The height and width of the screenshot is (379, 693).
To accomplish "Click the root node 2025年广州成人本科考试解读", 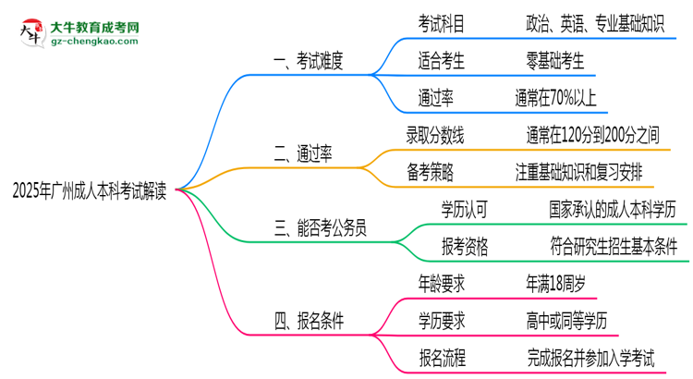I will click(90, 190).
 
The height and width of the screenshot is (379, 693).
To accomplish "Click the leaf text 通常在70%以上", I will click(556, 98).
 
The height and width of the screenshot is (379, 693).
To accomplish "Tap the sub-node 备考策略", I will click(430, 171).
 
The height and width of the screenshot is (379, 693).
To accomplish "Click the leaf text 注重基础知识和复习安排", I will click(579, 171).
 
